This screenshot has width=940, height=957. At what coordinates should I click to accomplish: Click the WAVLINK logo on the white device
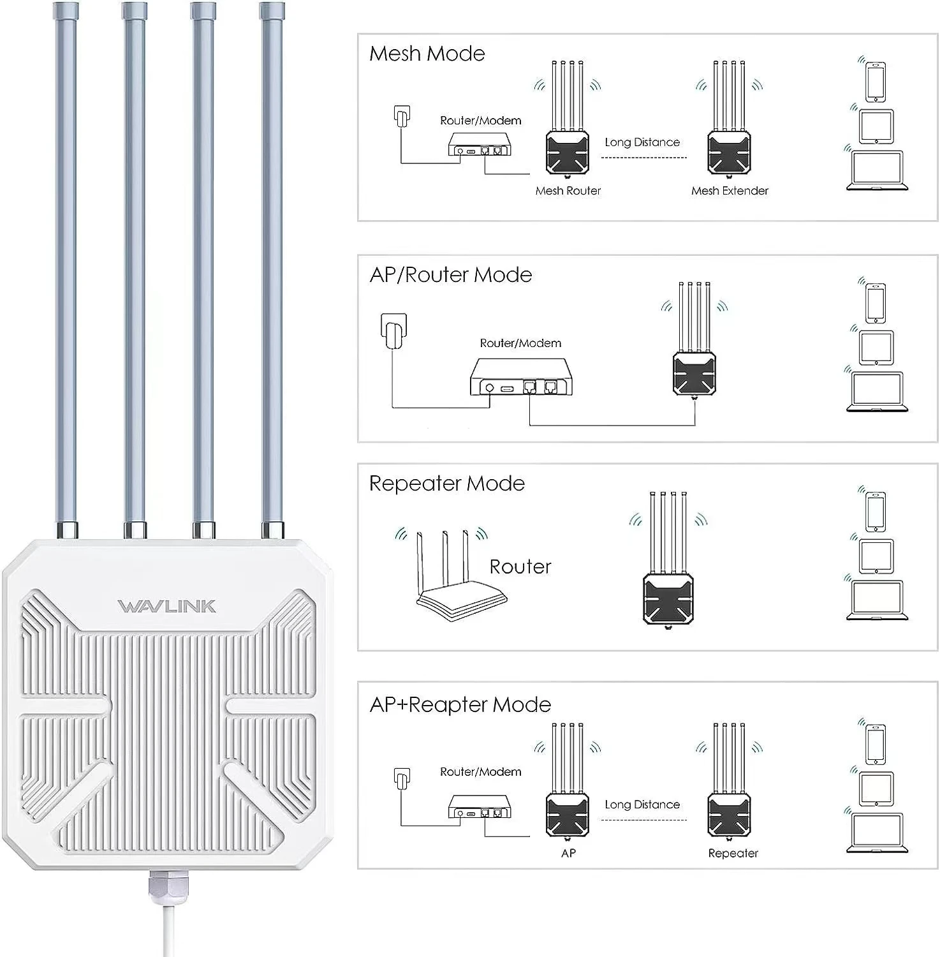[166, 606]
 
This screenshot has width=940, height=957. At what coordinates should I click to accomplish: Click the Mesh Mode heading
[427, 54]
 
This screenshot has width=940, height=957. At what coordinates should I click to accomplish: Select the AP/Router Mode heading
[450, 275]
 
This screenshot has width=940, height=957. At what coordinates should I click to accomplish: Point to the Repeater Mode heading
[446, 484]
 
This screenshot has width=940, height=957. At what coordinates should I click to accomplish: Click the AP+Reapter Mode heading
[460, 705]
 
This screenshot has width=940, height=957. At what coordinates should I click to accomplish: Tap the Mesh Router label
[568, 191]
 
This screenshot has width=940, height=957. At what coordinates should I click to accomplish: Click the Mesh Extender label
[730, 191]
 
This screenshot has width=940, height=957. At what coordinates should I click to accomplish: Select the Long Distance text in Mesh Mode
[642, 142]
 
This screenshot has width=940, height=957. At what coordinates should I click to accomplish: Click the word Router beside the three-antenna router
[520, 567]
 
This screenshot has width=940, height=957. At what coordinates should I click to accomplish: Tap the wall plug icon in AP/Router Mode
[393, 330]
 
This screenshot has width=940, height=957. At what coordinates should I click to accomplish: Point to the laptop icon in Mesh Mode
[877, 171]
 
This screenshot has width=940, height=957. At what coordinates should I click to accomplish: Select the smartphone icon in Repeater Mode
[876, 511]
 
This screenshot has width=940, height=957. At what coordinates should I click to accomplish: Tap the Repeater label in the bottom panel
[733, 854]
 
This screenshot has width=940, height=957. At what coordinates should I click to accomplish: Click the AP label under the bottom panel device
[568, 854]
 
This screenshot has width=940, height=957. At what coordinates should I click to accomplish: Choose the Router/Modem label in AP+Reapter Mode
[480, 772]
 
